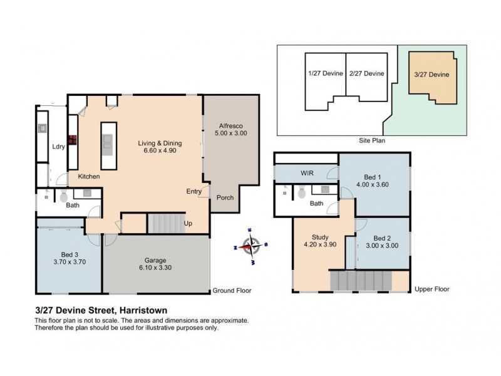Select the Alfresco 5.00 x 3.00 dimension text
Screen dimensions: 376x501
click(x=229, y=133)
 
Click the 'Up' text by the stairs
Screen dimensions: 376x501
click(x=188, y=224)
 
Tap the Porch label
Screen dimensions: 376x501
click(x=225, y=198)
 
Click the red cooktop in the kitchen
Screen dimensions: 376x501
click(x=72, y=140)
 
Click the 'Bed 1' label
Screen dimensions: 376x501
click(x=374, y=177)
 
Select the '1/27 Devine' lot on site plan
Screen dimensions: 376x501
click(x=326, y=74)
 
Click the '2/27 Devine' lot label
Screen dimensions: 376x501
click(x=367, y=74)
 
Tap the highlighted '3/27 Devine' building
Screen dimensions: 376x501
click(x=431, y=74)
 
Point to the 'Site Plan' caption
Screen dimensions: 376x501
click(x=371, y=141)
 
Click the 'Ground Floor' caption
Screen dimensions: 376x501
click(x=231, y=290)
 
